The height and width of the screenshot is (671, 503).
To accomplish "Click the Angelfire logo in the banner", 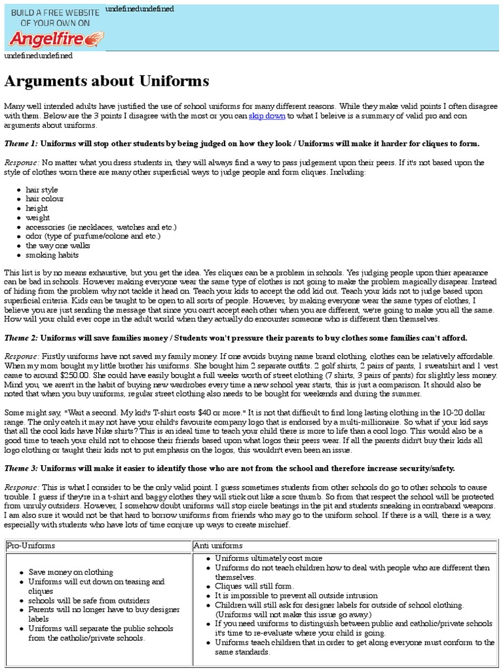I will click(x=55, y=39).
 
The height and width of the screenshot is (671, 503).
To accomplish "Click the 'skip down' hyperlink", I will click(x=267, y=116).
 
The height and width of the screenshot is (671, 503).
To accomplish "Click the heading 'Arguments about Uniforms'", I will click(x=107, y=81).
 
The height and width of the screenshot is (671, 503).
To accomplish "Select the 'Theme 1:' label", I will click(x=21, y=144).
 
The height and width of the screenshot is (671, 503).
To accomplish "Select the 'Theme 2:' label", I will click(x=21, y=337).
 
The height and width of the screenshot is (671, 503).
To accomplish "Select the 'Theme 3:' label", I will click(x=21, y=469).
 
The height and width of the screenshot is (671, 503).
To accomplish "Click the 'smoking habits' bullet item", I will click(x=52, y=255).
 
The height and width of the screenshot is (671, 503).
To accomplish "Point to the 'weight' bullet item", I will click(x=38, y=218).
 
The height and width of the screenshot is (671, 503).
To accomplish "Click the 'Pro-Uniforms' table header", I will click(x=31, y=545).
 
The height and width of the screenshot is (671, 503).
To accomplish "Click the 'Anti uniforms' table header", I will click(x=218, y=545).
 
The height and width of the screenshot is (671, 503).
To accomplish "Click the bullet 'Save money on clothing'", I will click(x=71, y=572).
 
